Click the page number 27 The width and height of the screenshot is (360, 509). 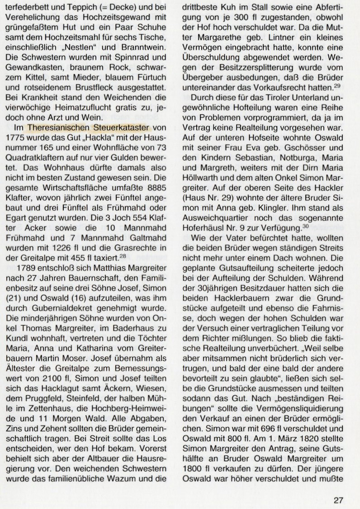(x=339, y=487)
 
